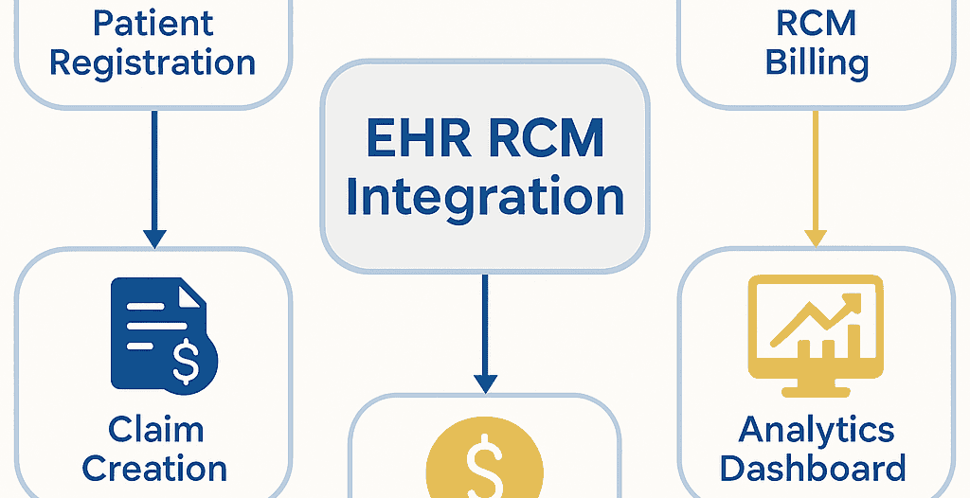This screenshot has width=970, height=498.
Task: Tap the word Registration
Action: [153, 63]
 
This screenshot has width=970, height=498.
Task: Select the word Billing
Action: [817, 63]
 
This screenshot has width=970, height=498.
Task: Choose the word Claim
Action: [155, 429]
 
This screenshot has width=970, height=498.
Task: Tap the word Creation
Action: [155, 468]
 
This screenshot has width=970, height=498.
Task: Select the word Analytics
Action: [816, 429]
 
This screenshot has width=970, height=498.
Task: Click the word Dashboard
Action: [816, 468]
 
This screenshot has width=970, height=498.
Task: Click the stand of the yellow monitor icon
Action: [816, 382]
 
